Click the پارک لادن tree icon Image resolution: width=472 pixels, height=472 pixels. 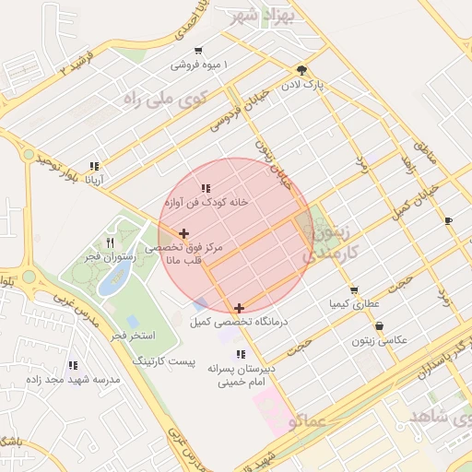302,70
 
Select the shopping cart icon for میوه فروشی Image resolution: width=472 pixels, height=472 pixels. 199,51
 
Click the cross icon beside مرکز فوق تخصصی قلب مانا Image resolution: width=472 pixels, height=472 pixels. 184,234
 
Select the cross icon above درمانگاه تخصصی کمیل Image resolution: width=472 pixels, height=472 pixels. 239,308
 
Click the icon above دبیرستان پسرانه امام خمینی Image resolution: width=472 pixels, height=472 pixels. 241,354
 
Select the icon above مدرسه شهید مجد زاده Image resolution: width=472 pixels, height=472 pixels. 73,365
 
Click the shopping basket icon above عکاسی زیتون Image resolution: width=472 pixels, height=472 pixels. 379,326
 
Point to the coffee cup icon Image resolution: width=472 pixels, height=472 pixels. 448,221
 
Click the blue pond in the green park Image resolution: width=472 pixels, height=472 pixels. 113,281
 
